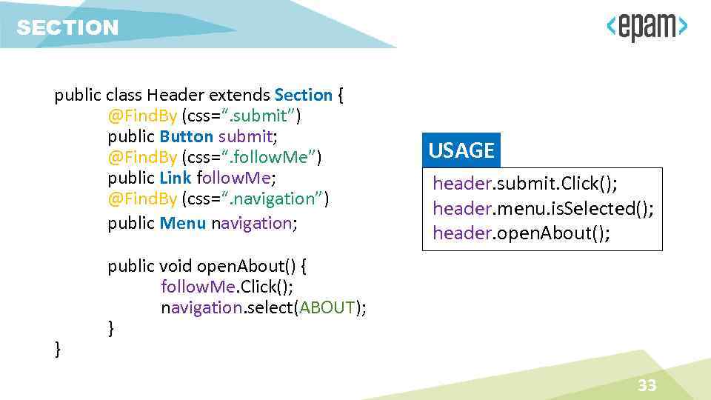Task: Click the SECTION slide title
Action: (x=67, y=28)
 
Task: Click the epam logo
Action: (x=647, y=28)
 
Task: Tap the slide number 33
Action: (x=647, y=385)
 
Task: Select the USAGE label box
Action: (x=461, y=150)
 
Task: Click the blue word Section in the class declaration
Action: (x=303, y=95)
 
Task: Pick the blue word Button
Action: (x=186, y=136)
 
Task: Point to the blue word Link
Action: (x=176, y=178)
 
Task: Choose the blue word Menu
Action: (x=182, y=223)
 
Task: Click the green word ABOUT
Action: (x=327, y=308)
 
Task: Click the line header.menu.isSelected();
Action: (x=543, y=208)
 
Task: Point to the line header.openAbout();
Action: (x=521, y=233)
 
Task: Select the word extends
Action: (x=239, y=95)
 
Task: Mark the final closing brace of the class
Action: (x=58, y=348)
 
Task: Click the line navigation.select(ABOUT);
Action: (x=263, y=308)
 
